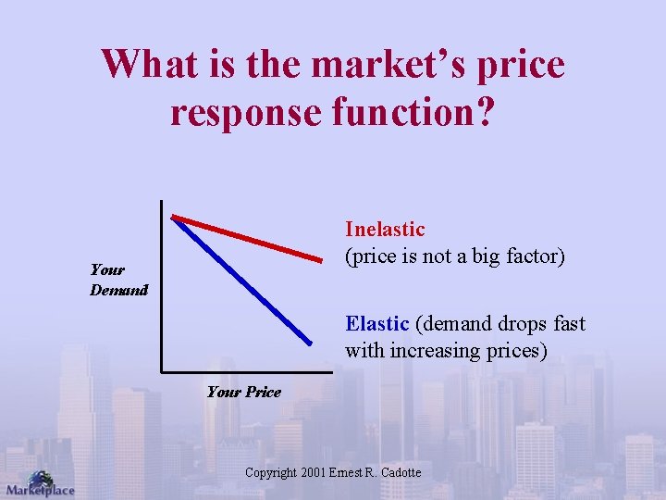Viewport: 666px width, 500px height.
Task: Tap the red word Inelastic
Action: [x=385, y=229]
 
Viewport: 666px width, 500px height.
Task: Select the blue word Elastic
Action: [x=376, y=324]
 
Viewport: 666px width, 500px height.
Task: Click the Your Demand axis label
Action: [x=118, y=280]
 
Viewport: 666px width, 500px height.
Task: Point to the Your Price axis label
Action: [x=243, y=392]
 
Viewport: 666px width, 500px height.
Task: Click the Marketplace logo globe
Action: [x=40, y=479]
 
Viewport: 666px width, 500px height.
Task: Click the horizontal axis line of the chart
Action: [x=250, y=371]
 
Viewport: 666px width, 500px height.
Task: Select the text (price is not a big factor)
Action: [x=454, y=256]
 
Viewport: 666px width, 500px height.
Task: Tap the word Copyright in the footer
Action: [x=271, y=473]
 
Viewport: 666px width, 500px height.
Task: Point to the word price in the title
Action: [x=522, y=65]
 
